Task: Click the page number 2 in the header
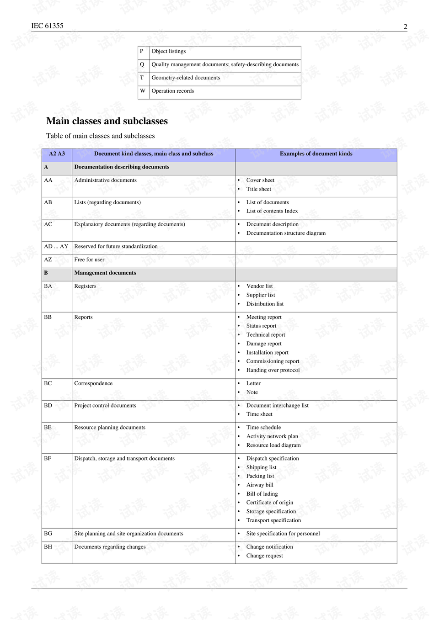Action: [x=405, y=27]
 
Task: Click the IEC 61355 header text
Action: [x=47, y=26]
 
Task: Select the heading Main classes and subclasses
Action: [x=107, y=121]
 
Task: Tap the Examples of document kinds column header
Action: [x=316, y=154]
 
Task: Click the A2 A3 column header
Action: [x=57, y=154]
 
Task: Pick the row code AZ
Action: [x=48, y=260]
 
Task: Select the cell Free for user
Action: [x=89, y=260]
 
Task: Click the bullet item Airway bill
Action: [x=260, y=485]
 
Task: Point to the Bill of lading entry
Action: [x=262, y=494]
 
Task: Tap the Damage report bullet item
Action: [x=264, y=344]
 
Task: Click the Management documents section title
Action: [x=105, y=273]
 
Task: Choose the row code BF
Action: [x=48, y=459]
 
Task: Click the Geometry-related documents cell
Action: [x=186, y=78]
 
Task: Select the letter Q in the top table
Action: [x=142, y=65]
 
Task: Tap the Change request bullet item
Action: [x=264, y=556]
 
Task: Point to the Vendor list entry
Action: [x=259, y=286]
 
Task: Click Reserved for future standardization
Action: [x=116, y=247]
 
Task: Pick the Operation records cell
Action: [x=172, y=91]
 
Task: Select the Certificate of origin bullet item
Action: [x=270, y=503]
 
